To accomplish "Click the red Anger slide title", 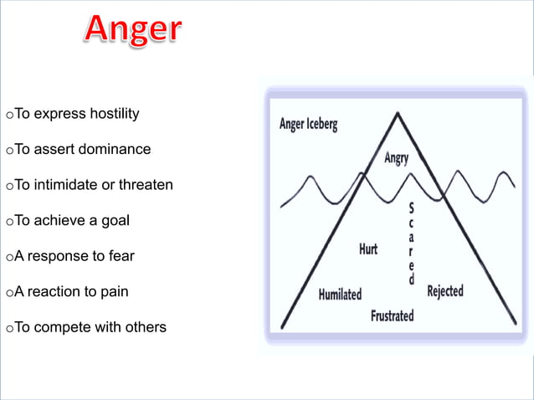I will coord(132,32).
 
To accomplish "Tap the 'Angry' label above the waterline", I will coord(396,158).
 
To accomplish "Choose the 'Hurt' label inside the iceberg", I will coord(367,249).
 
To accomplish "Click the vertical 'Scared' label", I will coord(411,243).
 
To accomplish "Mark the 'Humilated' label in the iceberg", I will coord(340,295).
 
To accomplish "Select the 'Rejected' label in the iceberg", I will coord(444,291).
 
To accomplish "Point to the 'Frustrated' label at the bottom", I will coord(392,316).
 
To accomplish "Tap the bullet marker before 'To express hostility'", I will coord(8,115).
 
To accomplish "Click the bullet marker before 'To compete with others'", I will coord(8,328).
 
